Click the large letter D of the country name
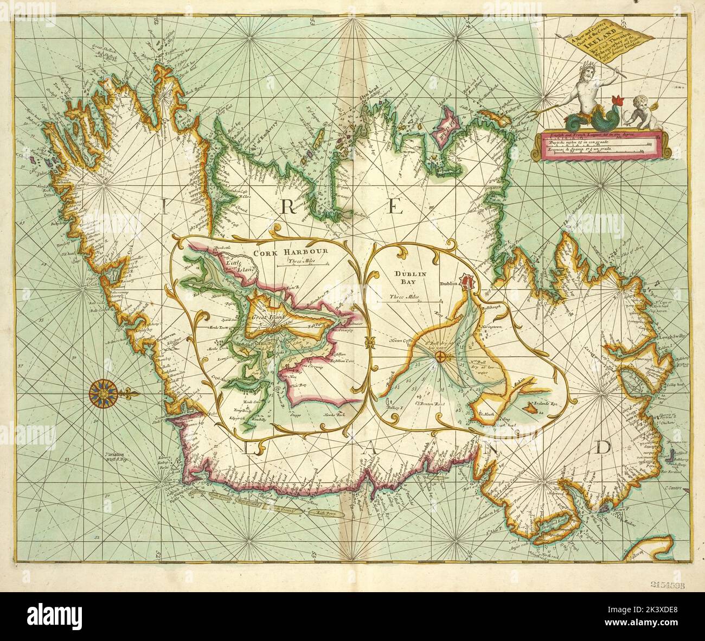(602, 447)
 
